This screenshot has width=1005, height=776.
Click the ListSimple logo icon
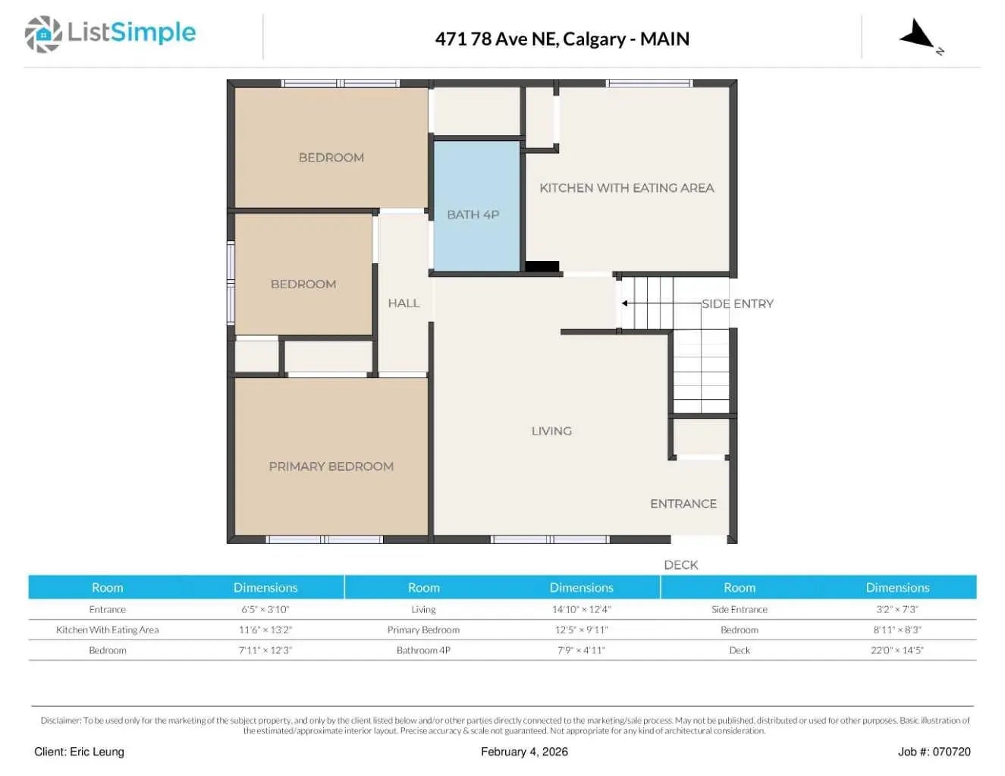(43, 35)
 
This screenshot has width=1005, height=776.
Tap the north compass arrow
(919, 36)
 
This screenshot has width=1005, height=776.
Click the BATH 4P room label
(473, 215)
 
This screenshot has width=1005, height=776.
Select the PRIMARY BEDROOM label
(331, 467)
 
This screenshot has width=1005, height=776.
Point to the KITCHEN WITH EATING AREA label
(627, 188)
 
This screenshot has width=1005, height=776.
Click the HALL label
(404, 303)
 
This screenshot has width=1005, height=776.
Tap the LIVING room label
(551, 431)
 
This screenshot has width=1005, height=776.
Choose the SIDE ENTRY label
(737, 303)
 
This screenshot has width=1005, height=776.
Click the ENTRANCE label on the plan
(683, 504)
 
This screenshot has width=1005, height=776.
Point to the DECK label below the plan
(680, 565)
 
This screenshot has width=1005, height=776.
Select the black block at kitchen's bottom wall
(542, 266)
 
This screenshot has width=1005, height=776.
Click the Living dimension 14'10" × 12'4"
(581, 609)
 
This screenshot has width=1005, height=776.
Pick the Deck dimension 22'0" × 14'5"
(897, 650)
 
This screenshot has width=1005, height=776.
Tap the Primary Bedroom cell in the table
(423, 630)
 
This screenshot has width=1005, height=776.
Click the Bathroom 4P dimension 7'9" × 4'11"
(581, 650)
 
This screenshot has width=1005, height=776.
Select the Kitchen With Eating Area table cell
(108, 630)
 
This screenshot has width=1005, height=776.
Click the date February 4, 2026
(524, 752)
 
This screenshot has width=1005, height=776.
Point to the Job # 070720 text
(934, 752)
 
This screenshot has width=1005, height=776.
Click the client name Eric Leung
(79, 752)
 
